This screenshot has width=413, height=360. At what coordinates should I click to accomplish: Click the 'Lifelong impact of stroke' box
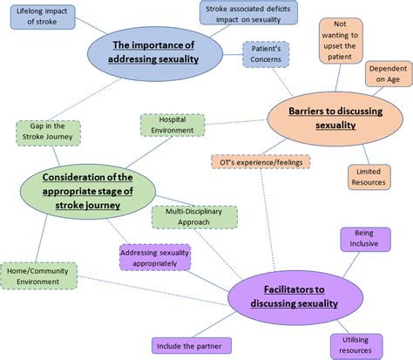coord(43,18)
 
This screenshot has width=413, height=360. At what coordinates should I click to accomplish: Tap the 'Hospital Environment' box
coord(173,125)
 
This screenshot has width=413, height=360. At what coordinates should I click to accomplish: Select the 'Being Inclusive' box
coord(362,239)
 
